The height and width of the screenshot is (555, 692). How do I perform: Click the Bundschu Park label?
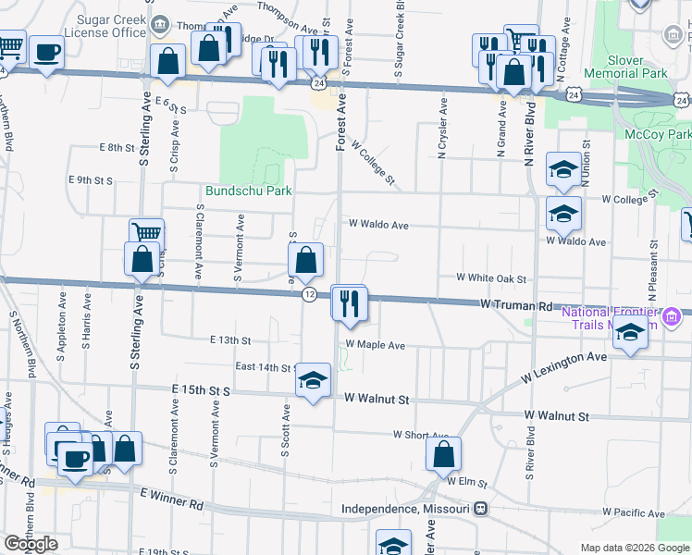(x=248, y=191)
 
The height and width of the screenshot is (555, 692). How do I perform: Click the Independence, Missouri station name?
(x=406, y=510)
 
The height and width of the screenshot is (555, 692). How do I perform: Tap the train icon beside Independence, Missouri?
(x=481, y=510)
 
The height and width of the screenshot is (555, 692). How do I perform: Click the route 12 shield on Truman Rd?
(x=311, y=293)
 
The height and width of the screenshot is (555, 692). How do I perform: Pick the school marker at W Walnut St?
(x=313, y=379)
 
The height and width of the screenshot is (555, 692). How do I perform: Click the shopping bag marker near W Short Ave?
(x=444, y=453)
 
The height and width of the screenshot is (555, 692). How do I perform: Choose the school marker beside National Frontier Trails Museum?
(x=630, y=334)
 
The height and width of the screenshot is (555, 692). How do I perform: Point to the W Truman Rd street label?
(x=516, y=303)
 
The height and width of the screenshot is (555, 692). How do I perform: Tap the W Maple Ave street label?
(x=376, y=345)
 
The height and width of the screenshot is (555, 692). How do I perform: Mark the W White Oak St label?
(x=491, y=277)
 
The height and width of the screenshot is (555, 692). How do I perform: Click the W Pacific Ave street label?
(x=633, y=512)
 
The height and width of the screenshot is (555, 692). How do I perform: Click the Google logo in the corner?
(x=31, y=544)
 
